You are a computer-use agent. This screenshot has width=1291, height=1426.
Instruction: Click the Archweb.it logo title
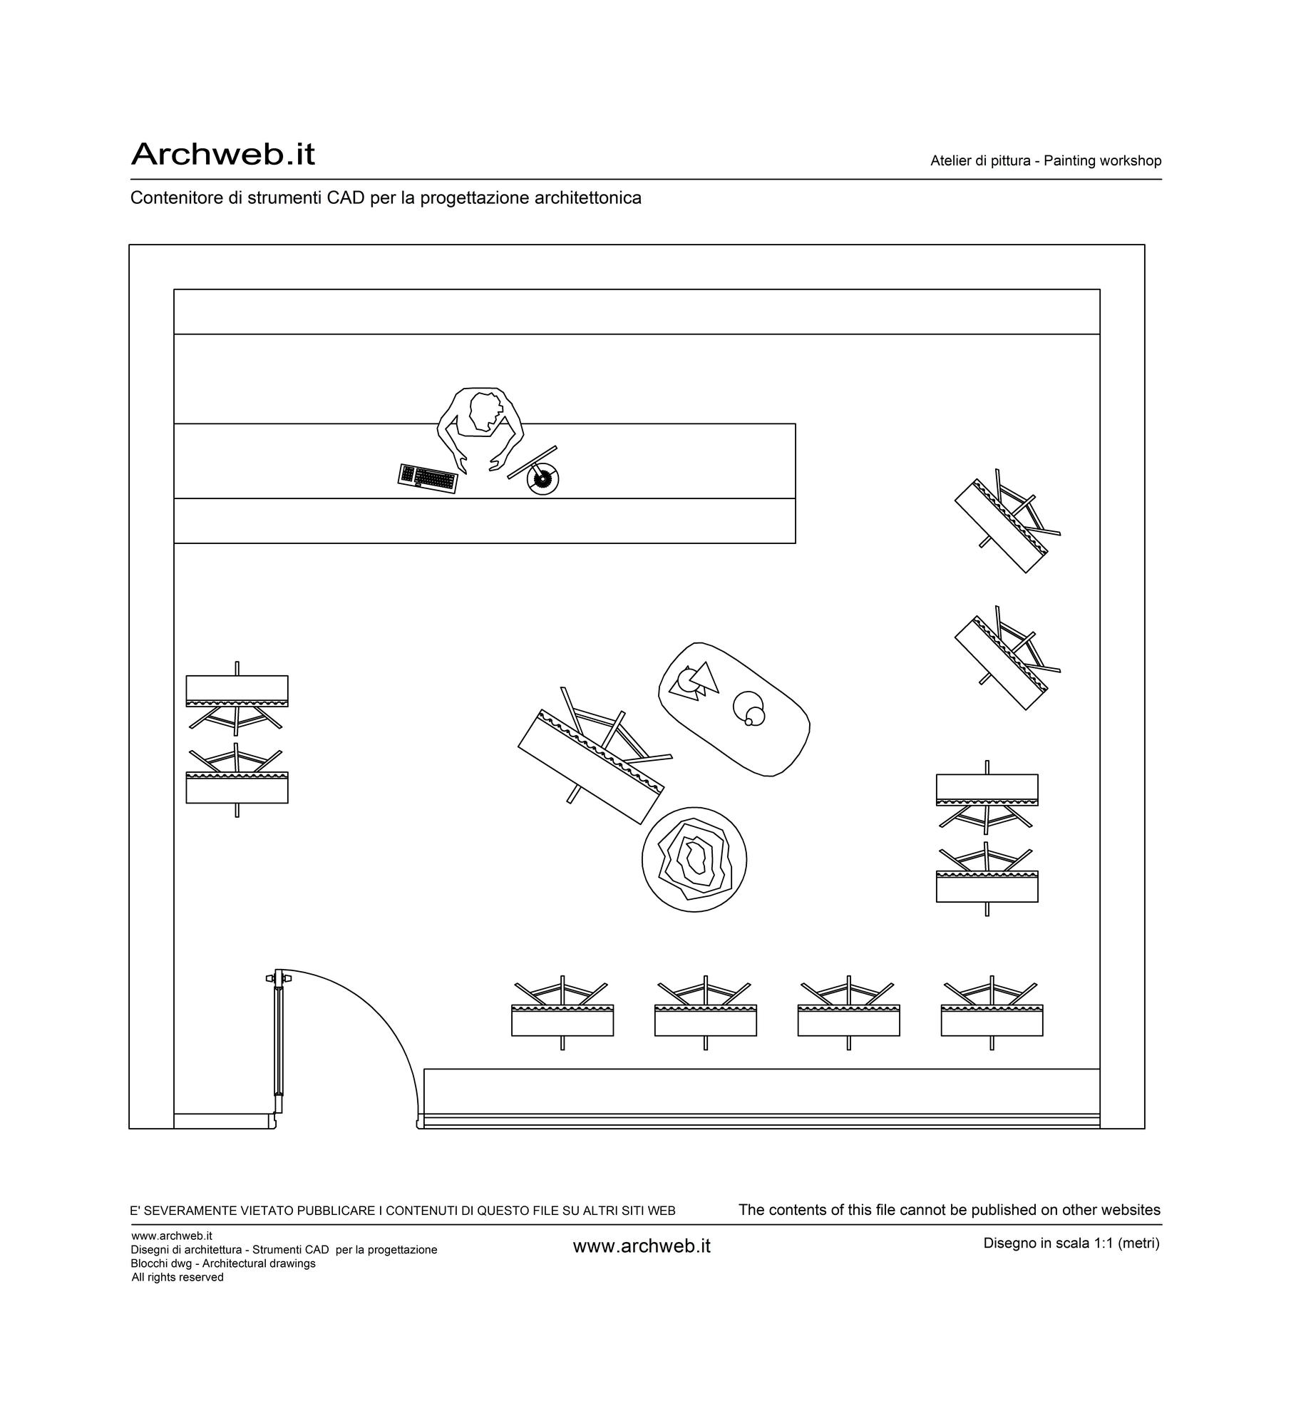click(222, 154)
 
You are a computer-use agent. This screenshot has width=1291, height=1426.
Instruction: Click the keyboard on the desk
click(428, 478)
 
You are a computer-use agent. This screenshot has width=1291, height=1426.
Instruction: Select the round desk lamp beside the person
click(542, 479)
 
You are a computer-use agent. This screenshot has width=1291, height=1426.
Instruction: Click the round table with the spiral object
click(694, 860)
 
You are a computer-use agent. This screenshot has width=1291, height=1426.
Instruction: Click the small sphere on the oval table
click(749, 722)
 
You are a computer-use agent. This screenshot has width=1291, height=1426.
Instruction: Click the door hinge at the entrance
click(278, 978)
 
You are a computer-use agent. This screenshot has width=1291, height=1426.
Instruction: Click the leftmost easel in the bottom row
click(562, 1012)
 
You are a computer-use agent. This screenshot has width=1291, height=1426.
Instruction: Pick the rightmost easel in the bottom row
click(992, 1012)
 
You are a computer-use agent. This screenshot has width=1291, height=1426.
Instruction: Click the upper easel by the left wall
click(237, 697)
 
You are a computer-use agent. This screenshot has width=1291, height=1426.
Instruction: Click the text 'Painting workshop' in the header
click(1102, 161)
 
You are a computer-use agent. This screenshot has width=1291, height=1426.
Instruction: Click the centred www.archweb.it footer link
click(642, 1246)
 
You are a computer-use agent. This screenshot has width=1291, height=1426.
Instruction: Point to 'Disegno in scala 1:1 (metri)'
click(1071, 1243)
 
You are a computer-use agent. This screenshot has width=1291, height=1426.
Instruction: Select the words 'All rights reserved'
click(178, 1277)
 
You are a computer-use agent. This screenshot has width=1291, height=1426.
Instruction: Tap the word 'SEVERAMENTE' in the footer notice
click(187, 1211)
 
